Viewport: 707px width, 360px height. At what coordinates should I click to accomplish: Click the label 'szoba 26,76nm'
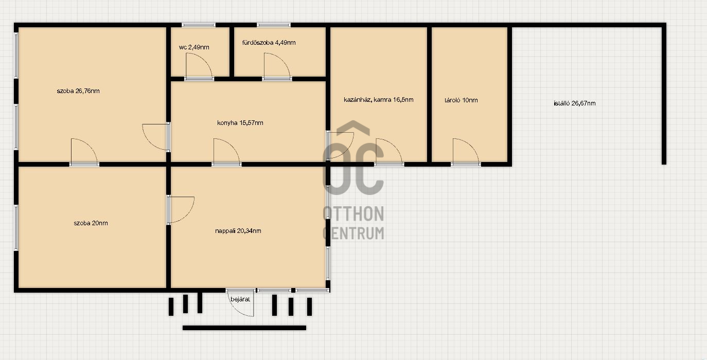pos(78,91)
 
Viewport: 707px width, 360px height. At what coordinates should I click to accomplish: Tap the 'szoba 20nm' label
pos(91,223)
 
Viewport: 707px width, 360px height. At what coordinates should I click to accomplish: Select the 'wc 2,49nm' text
pos(194,47)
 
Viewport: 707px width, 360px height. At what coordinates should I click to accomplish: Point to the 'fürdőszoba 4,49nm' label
pos(269,43)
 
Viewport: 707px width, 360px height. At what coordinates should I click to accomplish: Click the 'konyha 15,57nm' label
pos(240,123)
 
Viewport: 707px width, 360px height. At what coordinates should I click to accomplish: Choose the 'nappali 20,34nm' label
pos(238,231)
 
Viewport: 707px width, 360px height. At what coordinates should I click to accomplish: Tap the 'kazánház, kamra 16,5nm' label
pos(378,100)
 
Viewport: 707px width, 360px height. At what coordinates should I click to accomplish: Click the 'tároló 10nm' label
pos(461,100)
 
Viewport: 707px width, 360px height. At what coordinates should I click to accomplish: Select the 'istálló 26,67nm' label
pos(575,103)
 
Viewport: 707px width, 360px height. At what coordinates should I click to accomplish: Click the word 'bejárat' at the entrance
pos(240,299)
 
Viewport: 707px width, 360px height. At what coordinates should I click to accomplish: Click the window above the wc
pos(199,25)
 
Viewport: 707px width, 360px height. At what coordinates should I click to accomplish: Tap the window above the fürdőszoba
pos(274,25)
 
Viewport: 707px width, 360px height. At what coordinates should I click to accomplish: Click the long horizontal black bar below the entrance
pos(244,328)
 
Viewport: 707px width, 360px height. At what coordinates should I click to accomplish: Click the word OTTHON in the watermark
pos(353,213)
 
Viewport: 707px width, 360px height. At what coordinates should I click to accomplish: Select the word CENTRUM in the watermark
pos(353,233)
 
